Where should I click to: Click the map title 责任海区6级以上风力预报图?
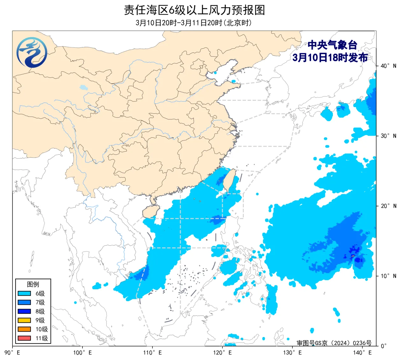[194, 10]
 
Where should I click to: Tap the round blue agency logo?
[32, 52]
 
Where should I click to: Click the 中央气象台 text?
[332, 45]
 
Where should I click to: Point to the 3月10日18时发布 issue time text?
[330, 58]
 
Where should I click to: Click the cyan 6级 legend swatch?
[24, 293]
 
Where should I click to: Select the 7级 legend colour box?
[24, 302]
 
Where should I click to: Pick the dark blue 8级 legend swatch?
[24, 311]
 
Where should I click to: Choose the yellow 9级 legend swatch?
[24, 320]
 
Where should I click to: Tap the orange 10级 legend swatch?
[24, 329]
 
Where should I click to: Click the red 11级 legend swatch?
[24, 338]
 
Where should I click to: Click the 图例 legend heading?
[33, 284]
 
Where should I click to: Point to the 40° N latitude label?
[388, 66]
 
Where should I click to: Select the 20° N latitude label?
[388, 206]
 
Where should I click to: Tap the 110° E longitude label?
[152, 353]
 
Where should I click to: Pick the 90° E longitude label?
[13, 353]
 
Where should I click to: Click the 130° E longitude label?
[292, 353]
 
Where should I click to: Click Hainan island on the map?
[149, 211]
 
